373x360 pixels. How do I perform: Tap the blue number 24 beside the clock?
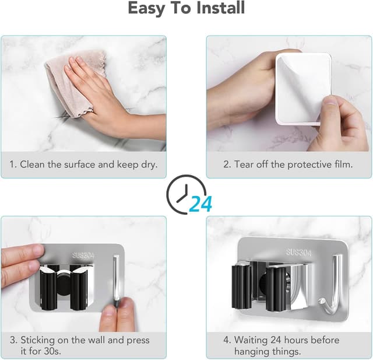[x=200, y=204]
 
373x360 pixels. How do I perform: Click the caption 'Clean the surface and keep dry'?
[x=83, y=165]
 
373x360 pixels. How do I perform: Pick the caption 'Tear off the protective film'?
[x=288, y=165]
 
